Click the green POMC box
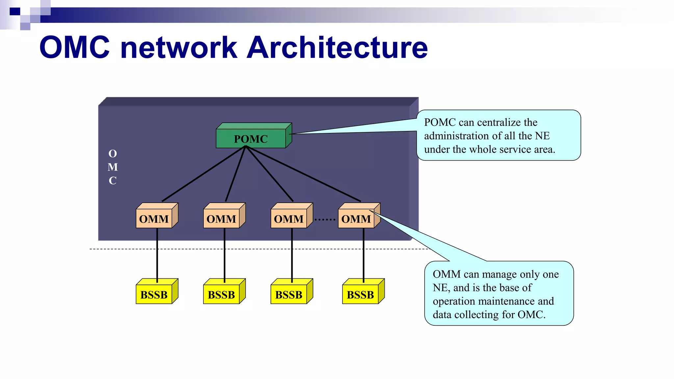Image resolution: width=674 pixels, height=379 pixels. coord(251,139)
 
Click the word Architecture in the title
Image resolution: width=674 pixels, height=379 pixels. coord(337,48)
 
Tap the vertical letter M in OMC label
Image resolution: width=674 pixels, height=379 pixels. coord(113,167)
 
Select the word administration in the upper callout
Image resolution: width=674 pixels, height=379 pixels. coord(456,136)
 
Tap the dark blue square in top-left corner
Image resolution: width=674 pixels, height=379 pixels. coord(15,12)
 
